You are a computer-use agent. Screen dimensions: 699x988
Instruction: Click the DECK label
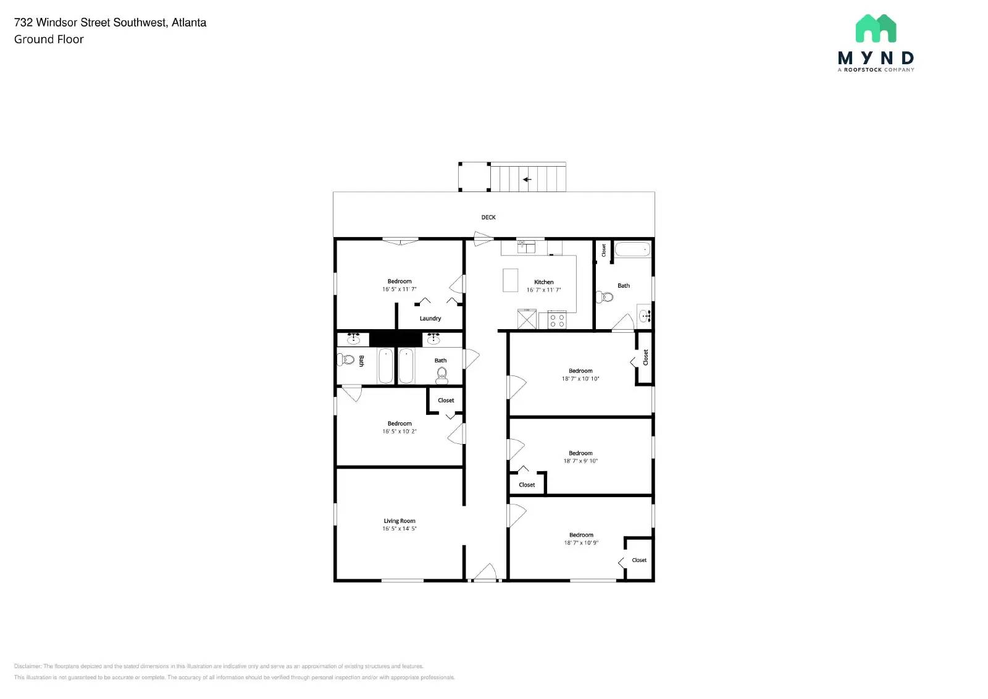tap(488, 217)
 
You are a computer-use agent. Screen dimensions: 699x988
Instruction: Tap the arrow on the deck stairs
tap(527, 180)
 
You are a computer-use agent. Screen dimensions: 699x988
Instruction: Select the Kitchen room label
tap(543, 282)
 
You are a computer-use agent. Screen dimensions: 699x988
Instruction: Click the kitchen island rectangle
tap(510, 280)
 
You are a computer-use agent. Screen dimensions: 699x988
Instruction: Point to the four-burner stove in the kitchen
tap(557, 320)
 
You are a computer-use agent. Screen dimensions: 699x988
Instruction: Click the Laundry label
tap(430, 319)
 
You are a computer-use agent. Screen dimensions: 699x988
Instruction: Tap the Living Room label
tap(400, 521)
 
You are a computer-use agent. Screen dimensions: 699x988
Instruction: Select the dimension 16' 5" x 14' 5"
tap(400, 529)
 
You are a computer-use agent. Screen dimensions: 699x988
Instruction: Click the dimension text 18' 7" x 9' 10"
tap(580, 461)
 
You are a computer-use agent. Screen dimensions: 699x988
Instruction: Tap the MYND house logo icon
tap(876, 28)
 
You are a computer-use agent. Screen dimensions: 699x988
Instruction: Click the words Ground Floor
tap(49, 40)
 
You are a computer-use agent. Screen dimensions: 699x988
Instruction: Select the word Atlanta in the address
tap(189, 23)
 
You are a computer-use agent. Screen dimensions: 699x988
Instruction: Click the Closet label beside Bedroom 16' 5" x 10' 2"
tap(446, 401)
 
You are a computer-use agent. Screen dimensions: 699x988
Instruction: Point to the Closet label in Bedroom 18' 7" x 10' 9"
tap(639, 561)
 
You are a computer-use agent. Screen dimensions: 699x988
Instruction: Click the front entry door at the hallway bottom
tap(485, 574)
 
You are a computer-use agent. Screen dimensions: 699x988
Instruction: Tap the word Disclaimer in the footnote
tap(27, 666)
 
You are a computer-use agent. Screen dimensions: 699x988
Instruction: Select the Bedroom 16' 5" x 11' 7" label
tap(400, 282)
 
